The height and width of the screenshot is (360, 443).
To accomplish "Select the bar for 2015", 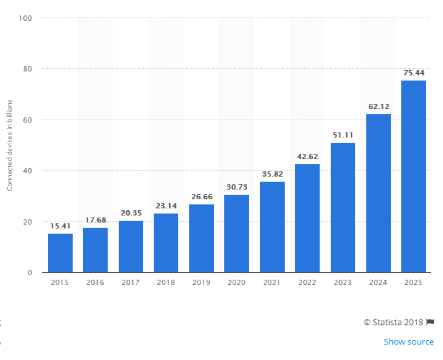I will click(60, 253).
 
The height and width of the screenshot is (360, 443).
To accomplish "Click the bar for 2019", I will click(201, 238).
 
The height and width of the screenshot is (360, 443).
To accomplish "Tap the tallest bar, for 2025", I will click(413, 176).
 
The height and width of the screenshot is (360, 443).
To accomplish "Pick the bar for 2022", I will click(307, 218).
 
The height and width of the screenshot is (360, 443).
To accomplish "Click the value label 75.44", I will click(413, 73).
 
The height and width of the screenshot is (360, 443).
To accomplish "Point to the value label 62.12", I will click(378, 106).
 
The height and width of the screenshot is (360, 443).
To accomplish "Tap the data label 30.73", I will click(237, 187).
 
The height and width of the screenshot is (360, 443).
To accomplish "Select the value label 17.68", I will click(95, 220).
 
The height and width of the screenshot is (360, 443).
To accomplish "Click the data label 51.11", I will click(343, 135).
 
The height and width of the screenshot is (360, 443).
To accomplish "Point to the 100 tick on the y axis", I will click(25, 18).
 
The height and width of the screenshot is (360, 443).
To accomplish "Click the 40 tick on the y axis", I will click(27, 171).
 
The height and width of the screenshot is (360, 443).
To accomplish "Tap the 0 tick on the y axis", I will click(30, 273).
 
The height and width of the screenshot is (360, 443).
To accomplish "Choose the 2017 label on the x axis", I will click(131, 283).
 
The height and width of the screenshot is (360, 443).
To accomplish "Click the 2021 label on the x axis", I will click(272, 283).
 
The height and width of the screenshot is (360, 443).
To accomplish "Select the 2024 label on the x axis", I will click(378, 283).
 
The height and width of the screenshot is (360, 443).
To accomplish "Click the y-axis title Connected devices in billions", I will click(9, 145).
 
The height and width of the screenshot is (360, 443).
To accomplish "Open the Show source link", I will click(408, 342).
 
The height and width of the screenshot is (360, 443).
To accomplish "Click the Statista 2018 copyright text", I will click(393, 322).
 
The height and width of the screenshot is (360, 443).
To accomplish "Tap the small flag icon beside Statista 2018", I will click(430, 322).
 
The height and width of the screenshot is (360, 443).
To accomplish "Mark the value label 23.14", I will click(166, 206).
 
